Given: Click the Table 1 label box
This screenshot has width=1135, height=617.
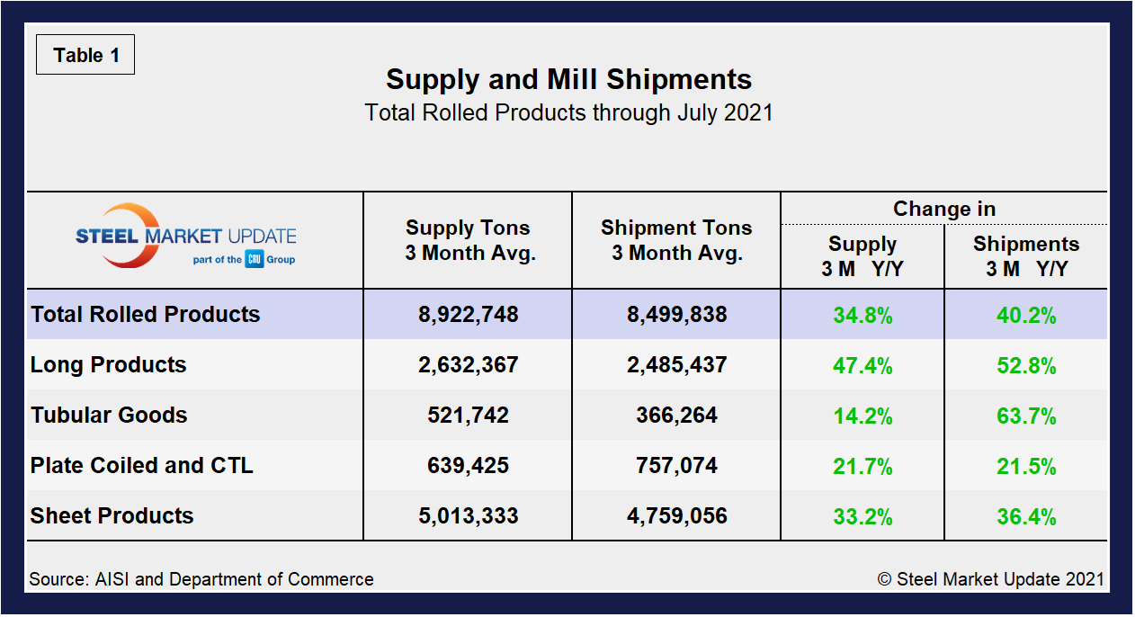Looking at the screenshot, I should [x=85, y=55].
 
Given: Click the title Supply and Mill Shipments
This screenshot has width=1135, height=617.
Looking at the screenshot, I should [x=568, y=79].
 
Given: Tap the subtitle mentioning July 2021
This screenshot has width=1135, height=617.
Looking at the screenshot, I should [x=568, y=113].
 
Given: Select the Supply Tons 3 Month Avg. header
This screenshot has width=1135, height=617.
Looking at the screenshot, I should [x=469, y=240].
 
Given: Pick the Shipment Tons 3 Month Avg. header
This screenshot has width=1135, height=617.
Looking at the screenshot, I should [x=676, y=240].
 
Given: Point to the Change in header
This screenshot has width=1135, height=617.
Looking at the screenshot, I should [x=943, y=209].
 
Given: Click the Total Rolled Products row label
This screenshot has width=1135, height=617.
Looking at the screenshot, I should [x=146, y=315].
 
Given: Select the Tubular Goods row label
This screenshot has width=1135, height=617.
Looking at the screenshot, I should [x=109, y=416].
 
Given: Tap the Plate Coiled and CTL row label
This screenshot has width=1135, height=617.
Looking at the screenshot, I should [x=142, y=466].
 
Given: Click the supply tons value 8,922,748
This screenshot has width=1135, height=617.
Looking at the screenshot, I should [x=469, y=315].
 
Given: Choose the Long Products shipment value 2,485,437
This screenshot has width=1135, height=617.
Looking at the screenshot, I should [x=676, y=365].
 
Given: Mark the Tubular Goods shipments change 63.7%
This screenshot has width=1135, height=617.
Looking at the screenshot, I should [x=1026, y=416].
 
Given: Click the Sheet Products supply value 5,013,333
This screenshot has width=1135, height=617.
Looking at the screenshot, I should [x=469, y=516].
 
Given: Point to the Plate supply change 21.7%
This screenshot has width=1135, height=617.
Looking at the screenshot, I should [x=862, y=467].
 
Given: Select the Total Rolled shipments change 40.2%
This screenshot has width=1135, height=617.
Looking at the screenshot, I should [x=1026, y=316].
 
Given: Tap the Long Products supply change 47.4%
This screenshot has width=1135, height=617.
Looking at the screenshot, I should [x=862, y=366].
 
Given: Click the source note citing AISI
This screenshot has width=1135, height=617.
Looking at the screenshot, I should [x=201, y=579].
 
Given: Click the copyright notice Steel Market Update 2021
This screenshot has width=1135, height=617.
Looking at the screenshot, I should [x=990, y=579].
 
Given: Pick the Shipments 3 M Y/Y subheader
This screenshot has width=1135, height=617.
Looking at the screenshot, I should [x=1026, y=256].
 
